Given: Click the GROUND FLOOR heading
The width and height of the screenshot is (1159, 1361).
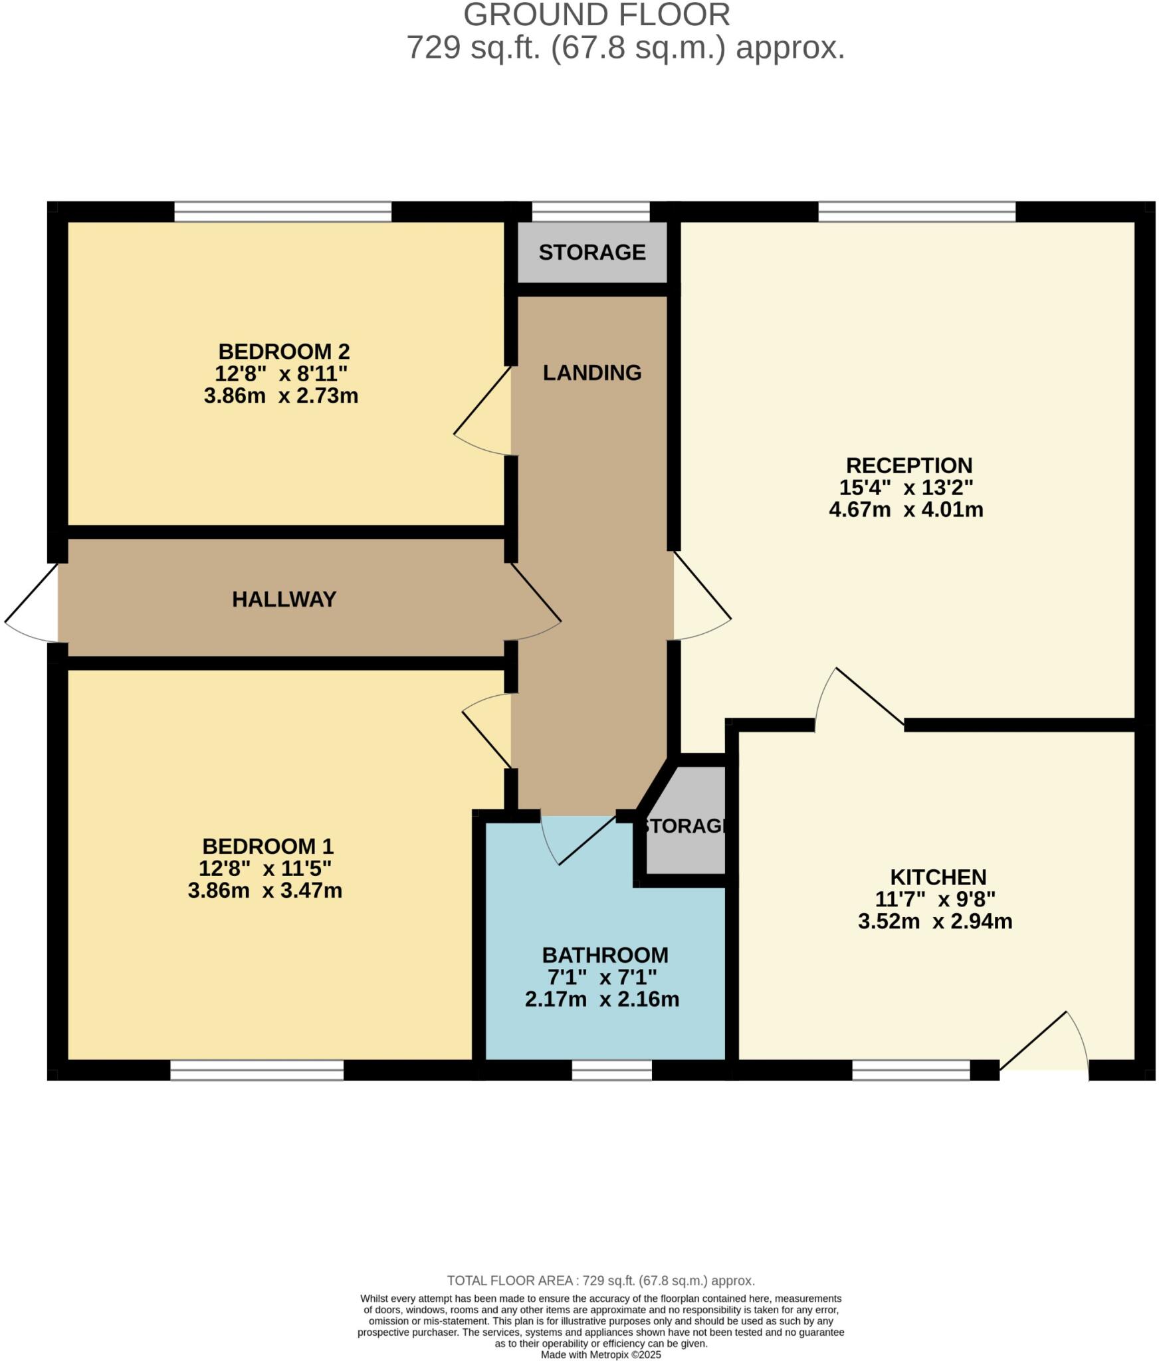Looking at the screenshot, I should click(x=596, y=15).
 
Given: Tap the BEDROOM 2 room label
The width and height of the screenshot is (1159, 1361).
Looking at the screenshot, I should click(x=284, y=351).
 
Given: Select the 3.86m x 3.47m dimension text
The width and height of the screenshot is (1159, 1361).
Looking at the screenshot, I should click(x=264, y=890).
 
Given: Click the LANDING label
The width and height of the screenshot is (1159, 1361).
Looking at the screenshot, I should click(x=591, y=373).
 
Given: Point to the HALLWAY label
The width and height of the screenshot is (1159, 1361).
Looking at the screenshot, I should click(x=284, y=599).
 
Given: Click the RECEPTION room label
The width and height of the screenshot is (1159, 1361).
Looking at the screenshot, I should click(x=908, y=465).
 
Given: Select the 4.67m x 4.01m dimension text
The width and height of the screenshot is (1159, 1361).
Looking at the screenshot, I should click(x=906, y=510).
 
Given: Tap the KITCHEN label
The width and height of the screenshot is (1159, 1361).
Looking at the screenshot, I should click(x=938, y=877).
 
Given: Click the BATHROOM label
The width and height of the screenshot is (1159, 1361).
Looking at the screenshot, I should click(x=605, y=955).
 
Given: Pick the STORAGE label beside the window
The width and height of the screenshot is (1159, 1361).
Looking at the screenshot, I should click(x=591, y=253).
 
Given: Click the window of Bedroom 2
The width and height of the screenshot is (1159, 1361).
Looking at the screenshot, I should click(x=282, y=212).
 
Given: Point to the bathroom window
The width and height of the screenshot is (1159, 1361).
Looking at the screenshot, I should click(x=611, y=1070).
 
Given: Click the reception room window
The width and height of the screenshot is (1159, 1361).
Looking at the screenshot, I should click(x=916, y=212).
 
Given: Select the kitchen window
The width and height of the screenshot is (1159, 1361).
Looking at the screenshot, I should click(x=910, y=1070).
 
